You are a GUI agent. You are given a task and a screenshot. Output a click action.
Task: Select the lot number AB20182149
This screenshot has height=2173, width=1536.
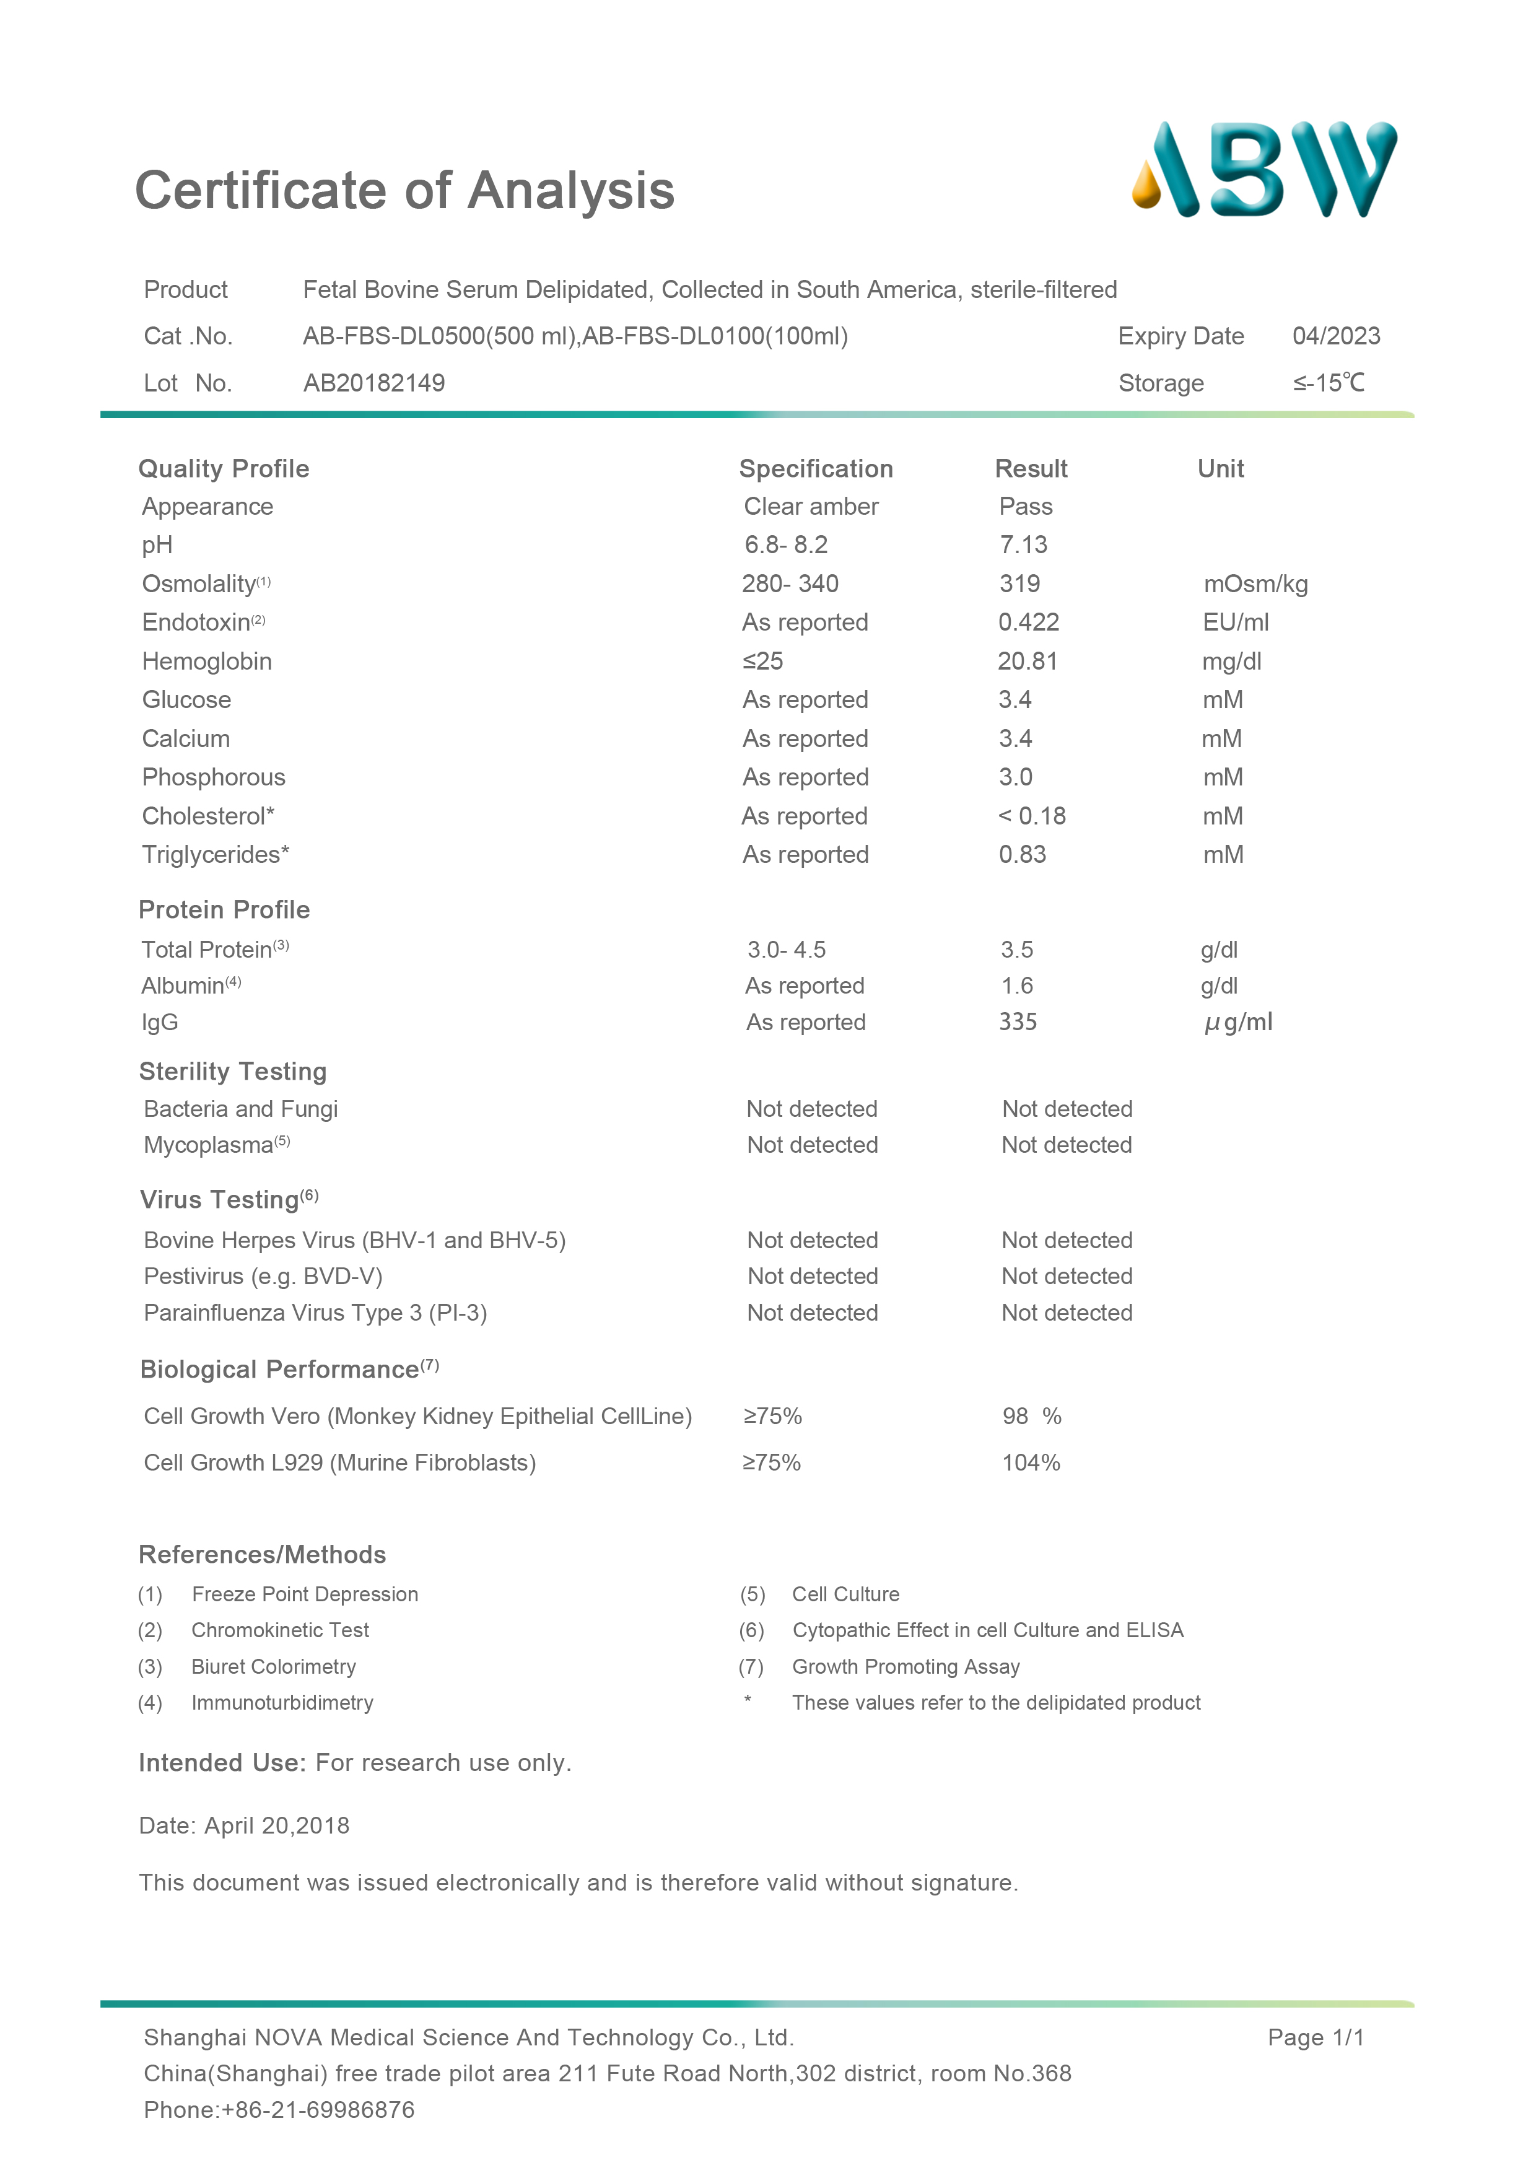[x=374, y=383]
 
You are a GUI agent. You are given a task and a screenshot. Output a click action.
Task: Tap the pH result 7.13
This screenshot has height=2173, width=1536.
[x=1023, y=545]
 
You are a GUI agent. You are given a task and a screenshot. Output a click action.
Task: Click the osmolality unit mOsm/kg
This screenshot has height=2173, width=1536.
[x=1255, y=584]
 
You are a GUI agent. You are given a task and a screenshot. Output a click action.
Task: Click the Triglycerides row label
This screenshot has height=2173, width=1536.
[x=215, y=855]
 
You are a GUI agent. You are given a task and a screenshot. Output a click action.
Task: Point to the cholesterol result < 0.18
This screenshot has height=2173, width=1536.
[x=1032, y=816]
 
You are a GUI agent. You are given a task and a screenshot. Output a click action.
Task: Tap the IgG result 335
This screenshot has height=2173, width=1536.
[x=1018, y=1022]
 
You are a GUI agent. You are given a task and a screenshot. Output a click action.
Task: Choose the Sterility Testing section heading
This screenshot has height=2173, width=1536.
[x=233, y=1072]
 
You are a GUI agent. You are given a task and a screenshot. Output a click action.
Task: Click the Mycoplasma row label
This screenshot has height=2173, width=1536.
[x=216, y=1145]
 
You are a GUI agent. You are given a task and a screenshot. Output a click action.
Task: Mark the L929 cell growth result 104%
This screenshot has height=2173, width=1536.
[x=1031, y=1463]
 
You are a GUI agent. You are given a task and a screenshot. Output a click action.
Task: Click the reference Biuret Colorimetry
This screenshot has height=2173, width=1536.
[x=274, y=1667]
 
